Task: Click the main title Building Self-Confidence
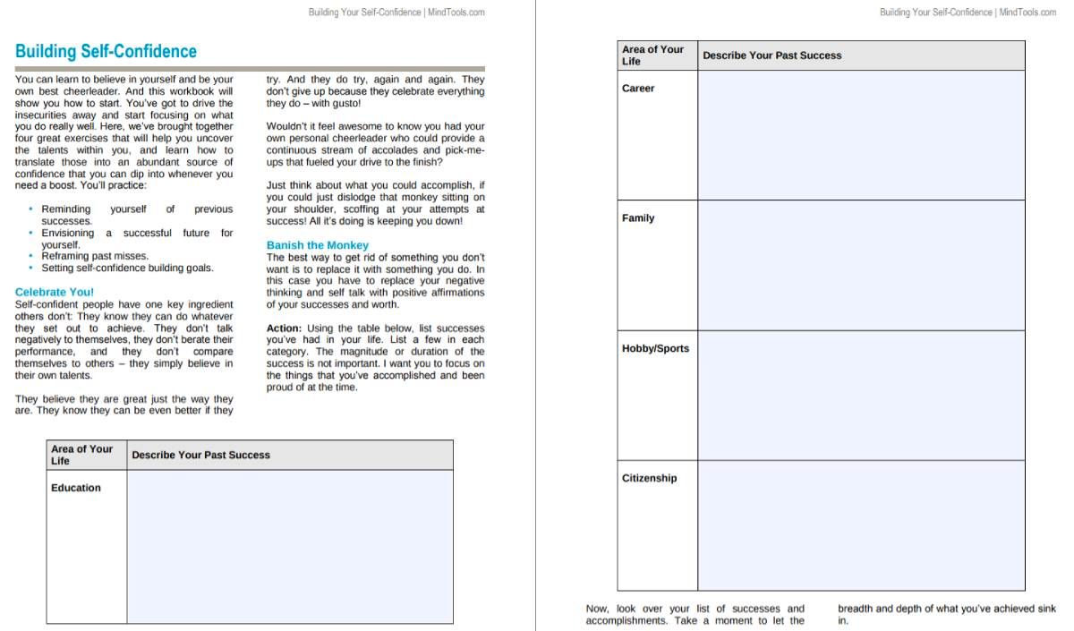pyautogui.click(x=106, y=51)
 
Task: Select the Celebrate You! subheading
pyautogui.click(x=55, y=292)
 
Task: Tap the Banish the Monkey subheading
pyautogui.click(x=317, y=244)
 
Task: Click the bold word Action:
pyautogui.click(x=284, y=328)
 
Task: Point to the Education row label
pyautogui.click(x=76, y=488)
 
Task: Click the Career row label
pyautogui.click(x=638, y=88)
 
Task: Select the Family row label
pyautogui.click(x=638, y=217)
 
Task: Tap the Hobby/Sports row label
pyautogui.click(x=655, y=348)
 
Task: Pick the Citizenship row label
pyautogui.click(x=649, y=478)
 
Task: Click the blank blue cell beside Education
pyautogui.click(x=289, y=546)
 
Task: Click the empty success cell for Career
pyautogui.click(x=861, y=135)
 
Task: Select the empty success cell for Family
pyautogui.click(x=861, y=265)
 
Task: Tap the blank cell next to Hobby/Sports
pyautogui.click(x=861, y=395)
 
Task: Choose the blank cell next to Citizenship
pyautogui.click(x=861, y=525)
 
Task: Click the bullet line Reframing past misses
pyautogui.click(x=95, y=256)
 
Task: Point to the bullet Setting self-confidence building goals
pyautogui.click(x=127, y=268)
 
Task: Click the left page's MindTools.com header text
pyautogui.click(x=396, y=13)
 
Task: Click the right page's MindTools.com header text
pyautogui.click(x=967, y=13)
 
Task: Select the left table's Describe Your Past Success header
pyautogui.click(x=200, y=455)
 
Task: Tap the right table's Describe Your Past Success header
pyautogui.click(x=771, y=55)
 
